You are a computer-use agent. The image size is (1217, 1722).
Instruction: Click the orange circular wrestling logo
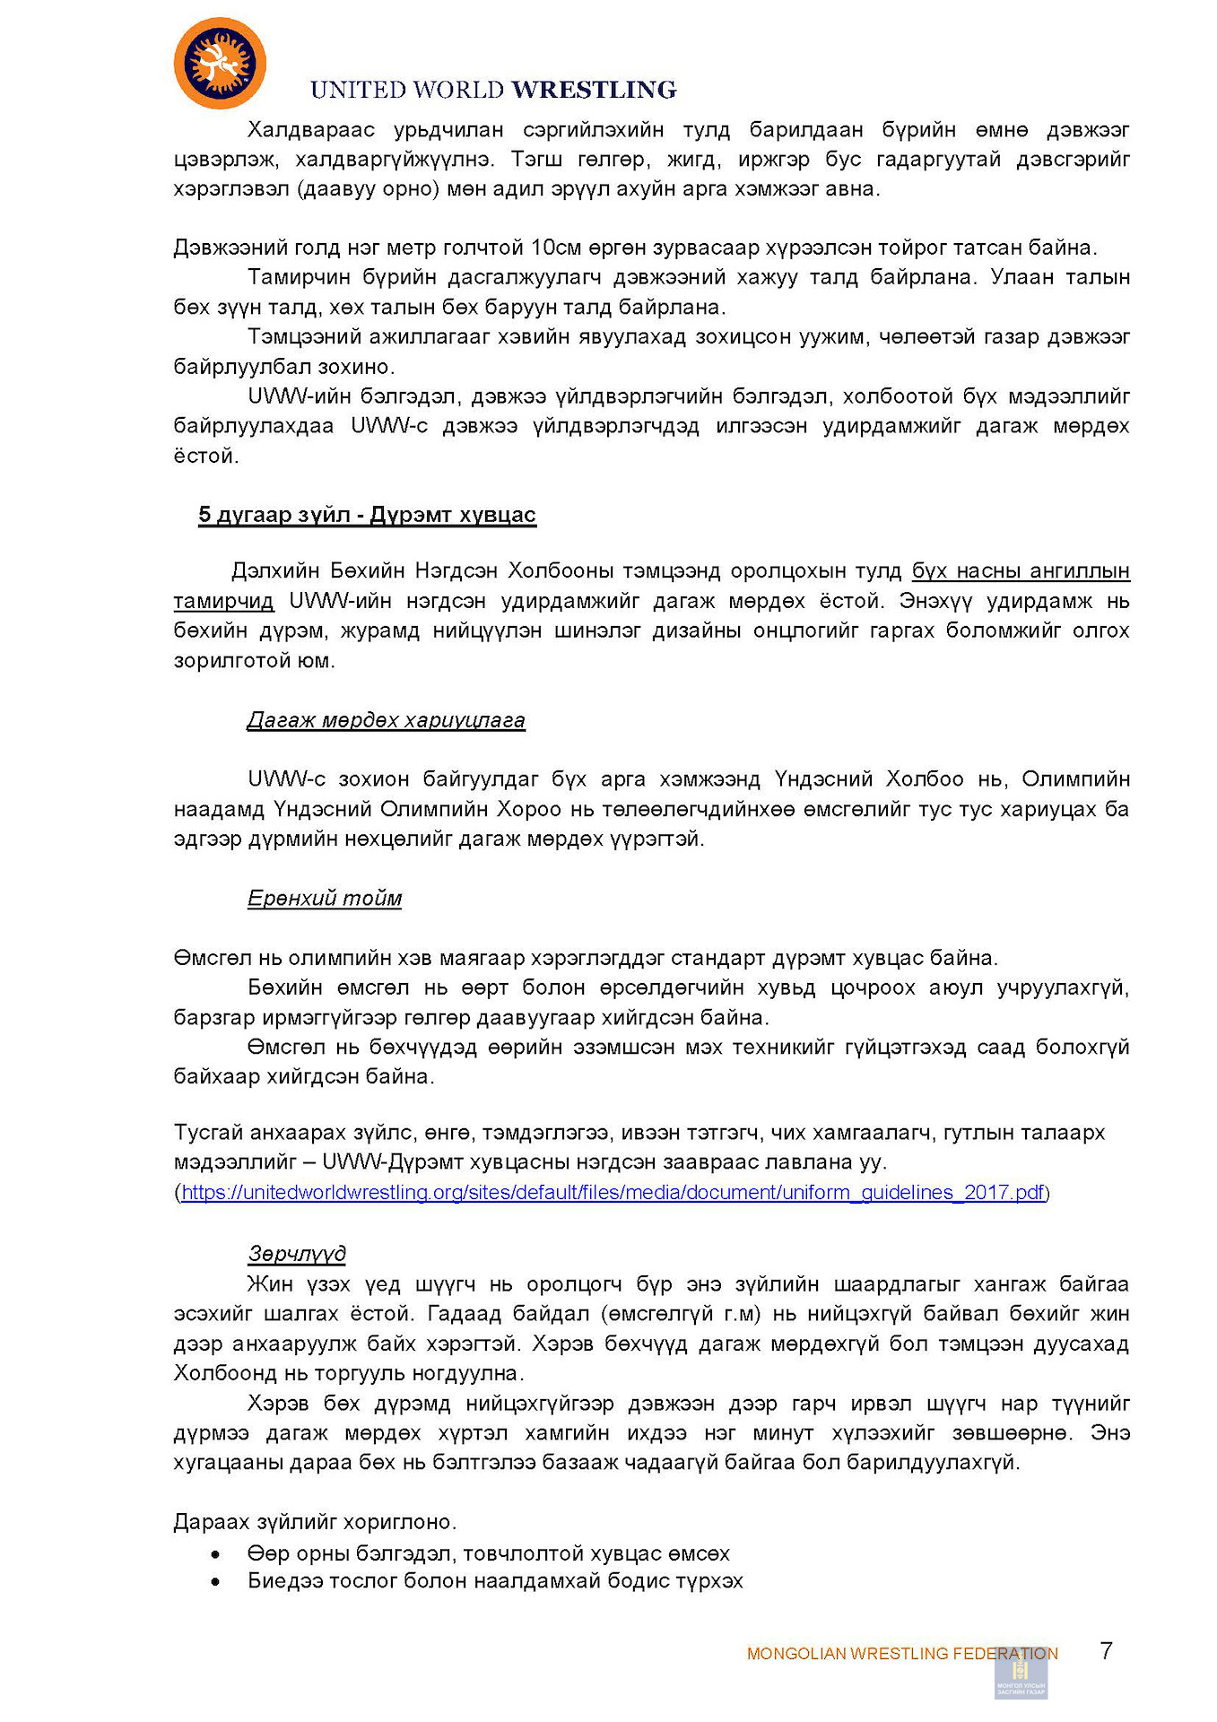(220, 64)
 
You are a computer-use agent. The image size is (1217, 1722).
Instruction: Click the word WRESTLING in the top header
(594, 90)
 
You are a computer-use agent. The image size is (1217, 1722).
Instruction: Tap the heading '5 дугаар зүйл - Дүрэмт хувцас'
(367, 515)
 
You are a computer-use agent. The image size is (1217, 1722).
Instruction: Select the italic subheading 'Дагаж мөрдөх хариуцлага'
(386, 720)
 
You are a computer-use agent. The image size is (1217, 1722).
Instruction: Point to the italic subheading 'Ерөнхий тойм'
(325, 898)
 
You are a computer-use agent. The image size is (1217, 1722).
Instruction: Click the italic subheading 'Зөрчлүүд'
(297, 1253)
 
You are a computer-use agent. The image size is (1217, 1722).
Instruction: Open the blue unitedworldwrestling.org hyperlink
(613, 1192)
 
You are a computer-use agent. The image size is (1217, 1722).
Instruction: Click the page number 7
(1106, 1651)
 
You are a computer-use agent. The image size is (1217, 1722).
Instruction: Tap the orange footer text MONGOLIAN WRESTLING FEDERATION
(901, 1653)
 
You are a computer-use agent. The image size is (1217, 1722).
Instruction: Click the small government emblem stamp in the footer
(1021, 1676)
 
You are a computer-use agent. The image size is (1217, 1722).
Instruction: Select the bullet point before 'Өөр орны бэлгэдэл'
(215, 1554)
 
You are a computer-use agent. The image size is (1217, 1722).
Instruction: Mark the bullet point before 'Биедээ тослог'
(215, 1582)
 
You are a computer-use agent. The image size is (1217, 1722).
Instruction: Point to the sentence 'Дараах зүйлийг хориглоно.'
(315, 1522)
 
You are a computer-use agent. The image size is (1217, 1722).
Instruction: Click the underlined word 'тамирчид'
(223, 601)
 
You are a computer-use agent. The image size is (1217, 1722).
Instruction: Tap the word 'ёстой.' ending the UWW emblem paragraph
(205, 456)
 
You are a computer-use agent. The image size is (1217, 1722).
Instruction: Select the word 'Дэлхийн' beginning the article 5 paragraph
(274, 571)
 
